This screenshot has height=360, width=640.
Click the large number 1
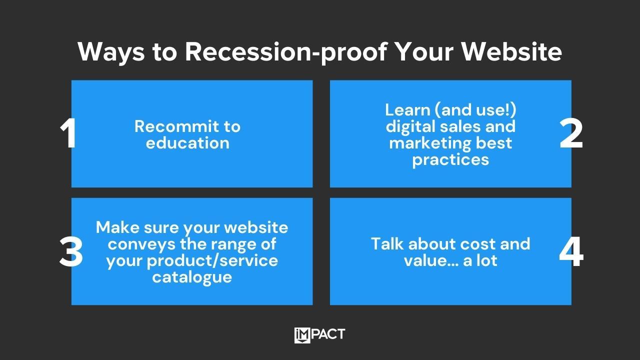pos(68,133)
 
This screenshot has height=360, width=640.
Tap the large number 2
pos(571,133)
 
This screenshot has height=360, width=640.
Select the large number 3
pos(71,251)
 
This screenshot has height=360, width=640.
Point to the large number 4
pos(571,251)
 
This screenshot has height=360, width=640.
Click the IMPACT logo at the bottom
pos(319,335)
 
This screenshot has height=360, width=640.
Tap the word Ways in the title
pos(111,52)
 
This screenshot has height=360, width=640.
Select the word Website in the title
pos(511,51)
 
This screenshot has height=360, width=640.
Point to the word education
pos(187,143)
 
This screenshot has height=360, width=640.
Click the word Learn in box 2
pos(407,109)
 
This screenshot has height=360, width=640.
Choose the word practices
pos(450,160)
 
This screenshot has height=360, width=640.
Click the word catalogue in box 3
pos(192,277)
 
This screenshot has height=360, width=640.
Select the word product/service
pos(212,261)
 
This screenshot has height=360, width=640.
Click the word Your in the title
pos(425,51)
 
